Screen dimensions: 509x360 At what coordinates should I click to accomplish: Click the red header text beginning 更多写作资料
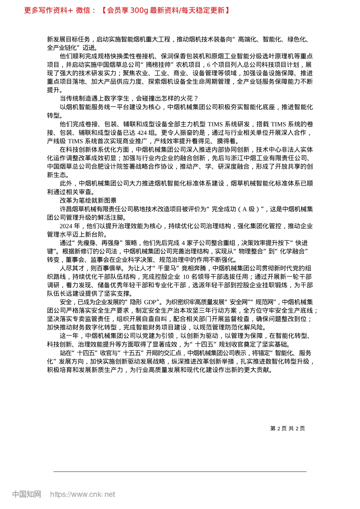pyautogui.click(x=127, y=10)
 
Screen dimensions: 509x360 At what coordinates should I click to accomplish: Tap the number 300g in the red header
pyautogui.click(x=139, y=10)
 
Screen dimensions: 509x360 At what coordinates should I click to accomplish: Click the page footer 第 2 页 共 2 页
pyautogui.click(x=287, y=428)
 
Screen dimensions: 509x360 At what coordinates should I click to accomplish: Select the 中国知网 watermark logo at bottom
pyautogui.click(x=27, y=494)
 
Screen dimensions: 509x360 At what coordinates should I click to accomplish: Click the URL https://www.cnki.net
pyautogui.click(x=83, y=494)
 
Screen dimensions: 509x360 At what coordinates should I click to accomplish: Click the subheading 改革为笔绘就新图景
pyautogui.click(x=88, y=200)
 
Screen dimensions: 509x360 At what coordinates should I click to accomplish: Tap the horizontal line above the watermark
pyautogui.click(x=180, y=472)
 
